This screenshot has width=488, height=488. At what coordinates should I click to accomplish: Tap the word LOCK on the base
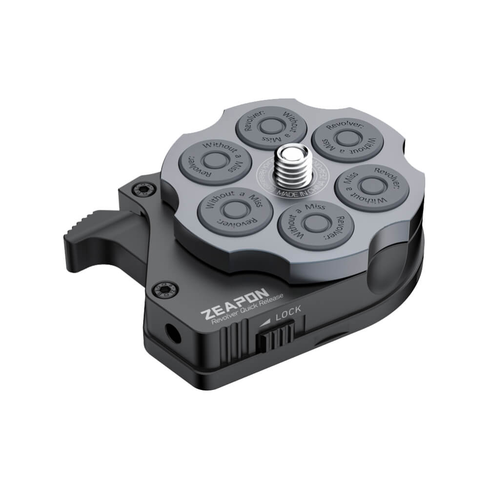point(288,314)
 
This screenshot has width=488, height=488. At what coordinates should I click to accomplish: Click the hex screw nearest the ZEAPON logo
point(160,291)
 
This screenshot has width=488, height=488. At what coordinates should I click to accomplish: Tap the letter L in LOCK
point(279,317)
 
